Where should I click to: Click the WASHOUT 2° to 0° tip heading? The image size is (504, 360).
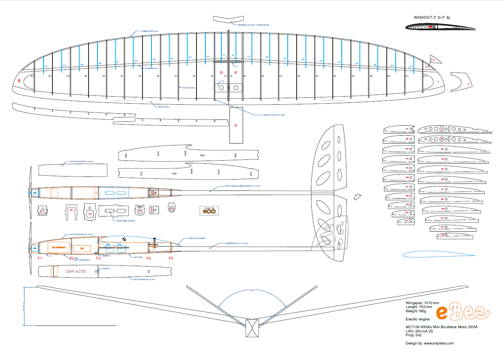click(432, 17)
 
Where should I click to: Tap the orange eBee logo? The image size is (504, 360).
click(463, 312)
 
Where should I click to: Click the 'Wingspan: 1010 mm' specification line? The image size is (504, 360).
click(422, 303)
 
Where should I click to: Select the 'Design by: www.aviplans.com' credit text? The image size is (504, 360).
click(429, 343)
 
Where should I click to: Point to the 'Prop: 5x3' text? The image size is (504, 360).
click(413, 335)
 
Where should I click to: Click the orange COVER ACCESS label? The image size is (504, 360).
click(75, 272)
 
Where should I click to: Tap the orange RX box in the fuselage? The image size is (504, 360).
click(82, 248)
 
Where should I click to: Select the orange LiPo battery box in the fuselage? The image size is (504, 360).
click(58, 247)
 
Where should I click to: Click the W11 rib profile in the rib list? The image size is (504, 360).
click(404, 221)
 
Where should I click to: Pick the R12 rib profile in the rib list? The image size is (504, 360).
click(452, 235)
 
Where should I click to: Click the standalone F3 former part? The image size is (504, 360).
click(90, 211)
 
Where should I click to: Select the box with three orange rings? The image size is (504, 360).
click(209, 211)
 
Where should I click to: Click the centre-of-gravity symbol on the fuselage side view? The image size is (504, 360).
click(125, 240)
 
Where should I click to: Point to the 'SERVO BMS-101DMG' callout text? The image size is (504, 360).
click(125, 221)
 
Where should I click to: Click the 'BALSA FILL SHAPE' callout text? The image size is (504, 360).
click(197, 239)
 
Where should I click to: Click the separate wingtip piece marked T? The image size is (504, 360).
click(464, 81)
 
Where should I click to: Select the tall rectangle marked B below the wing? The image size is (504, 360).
click(236, 125)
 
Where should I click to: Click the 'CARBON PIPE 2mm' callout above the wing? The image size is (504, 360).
click(149, 31)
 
